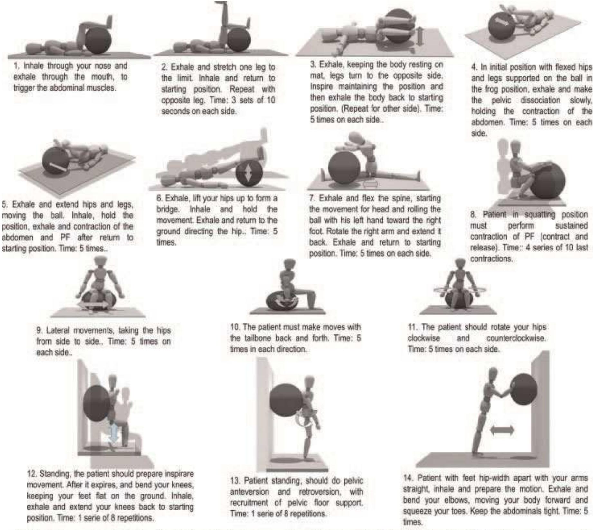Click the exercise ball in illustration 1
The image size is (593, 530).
tap(99, 41)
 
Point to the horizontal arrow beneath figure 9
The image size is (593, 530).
tap(93, 305)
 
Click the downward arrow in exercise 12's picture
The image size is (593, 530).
tap(113, 434)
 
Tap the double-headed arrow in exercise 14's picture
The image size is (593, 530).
tap(502, 430)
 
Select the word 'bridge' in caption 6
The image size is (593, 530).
tap(169, 209)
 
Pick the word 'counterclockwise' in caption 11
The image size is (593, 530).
tap(516, 338)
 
